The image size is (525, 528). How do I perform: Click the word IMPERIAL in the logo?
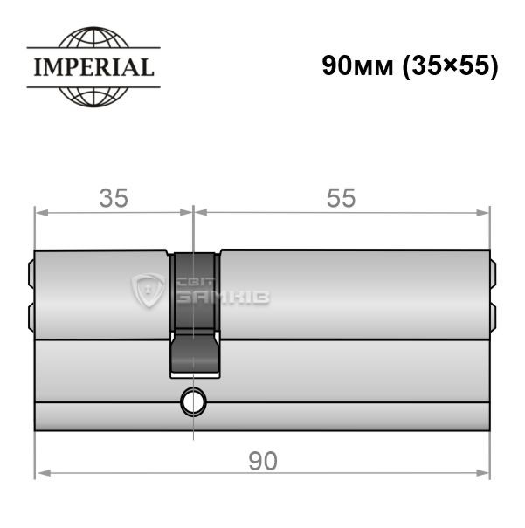point(94,67)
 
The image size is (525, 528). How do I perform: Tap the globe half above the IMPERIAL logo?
point(93,38)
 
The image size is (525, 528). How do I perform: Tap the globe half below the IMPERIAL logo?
point(93,98)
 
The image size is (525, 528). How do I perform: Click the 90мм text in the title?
point(357,66)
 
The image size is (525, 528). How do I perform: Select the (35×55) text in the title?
point(451,66)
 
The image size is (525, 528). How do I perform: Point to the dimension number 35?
point(114,198)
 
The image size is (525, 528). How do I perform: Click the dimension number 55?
point(341,198)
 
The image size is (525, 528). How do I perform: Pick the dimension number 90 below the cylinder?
point(263,461)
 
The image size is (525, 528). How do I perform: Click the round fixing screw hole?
point(193,402)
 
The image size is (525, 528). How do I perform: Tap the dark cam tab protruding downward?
point(195,353)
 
